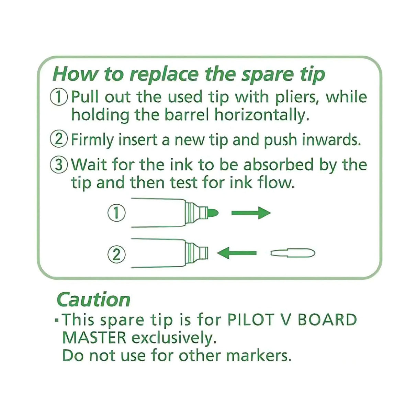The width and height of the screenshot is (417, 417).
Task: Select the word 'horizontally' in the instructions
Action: point(260,115)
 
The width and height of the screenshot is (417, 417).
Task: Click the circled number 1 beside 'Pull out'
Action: point(59,97)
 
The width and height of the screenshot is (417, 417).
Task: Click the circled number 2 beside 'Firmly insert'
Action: point(59,140)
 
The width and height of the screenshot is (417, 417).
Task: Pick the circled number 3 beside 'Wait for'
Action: point(59,165)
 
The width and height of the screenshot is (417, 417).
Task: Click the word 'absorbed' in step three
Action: point(279,165)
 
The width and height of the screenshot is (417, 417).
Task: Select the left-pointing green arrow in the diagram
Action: point(237,253)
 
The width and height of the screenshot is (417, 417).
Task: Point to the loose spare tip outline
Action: point(293,253)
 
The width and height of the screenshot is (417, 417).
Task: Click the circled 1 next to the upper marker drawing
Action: point(117,213)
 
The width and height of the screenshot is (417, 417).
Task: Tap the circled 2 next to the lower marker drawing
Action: point(117,255)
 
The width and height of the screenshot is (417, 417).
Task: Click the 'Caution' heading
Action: point(93,300)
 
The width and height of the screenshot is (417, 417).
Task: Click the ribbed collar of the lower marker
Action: point(192,253)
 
